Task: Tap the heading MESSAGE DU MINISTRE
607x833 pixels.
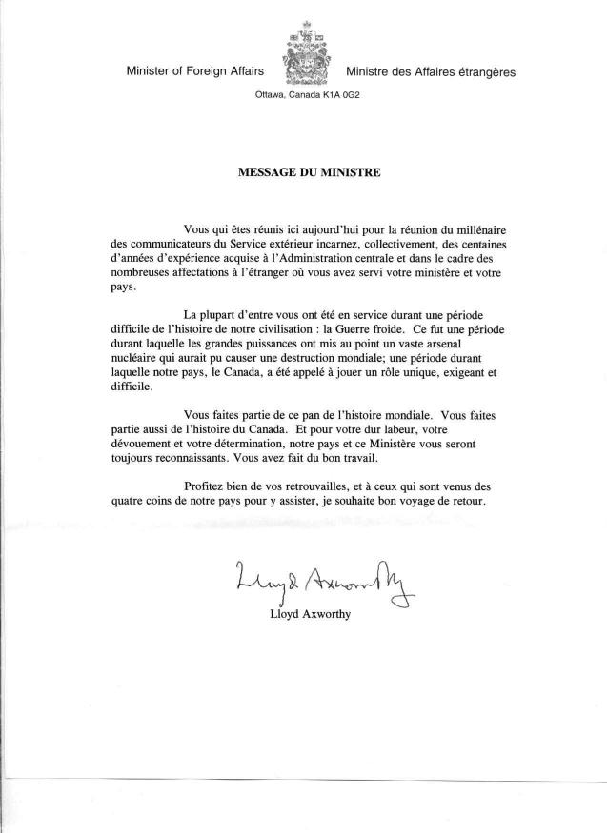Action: tap(303, 174)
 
